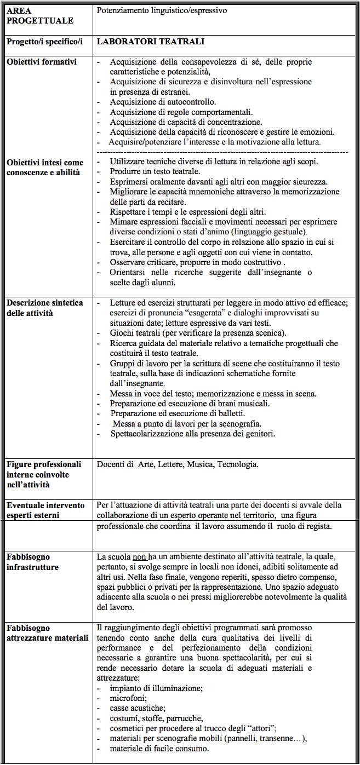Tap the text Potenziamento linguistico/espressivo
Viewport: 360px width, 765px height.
[162, 10]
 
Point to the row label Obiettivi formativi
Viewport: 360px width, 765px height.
[42, 62]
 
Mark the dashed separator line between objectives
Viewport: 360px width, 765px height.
[222, 151]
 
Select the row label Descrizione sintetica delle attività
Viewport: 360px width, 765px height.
[44, 308]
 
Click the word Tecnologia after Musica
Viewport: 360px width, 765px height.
[237, 464]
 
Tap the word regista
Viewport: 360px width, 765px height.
[318, 526]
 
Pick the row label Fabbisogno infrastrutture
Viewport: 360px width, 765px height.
[33, 562]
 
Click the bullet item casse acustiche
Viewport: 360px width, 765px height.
[137, 708]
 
